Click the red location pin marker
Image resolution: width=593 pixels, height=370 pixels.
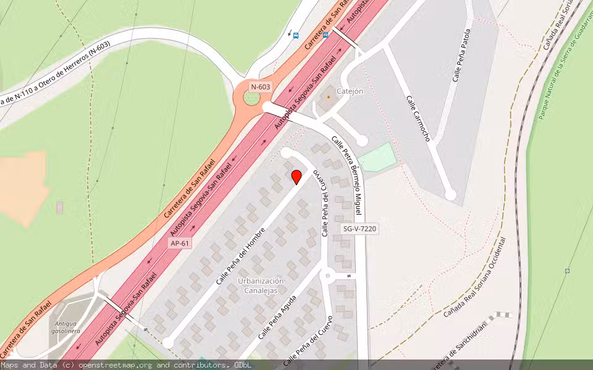point(296,176)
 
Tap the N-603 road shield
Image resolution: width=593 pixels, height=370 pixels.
point(260,87)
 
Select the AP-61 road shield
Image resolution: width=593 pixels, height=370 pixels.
point(180,244)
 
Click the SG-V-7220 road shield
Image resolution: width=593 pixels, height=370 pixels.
point(360,229)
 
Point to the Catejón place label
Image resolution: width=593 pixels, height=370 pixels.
point(350,91)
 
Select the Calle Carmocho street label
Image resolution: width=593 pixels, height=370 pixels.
point(418,118)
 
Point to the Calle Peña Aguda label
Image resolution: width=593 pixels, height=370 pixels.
point(277,318)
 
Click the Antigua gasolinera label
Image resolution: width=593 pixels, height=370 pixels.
point(67,327)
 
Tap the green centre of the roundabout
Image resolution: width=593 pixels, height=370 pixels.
point(252,97)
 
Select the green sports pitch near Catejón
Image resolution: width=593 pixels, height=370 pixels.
point(377,157)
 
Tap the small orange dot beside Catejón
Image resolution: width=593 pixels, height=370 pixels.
point(328,96)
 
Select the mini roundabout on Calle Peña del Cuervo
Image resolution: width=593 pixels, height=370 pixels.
point(328,276)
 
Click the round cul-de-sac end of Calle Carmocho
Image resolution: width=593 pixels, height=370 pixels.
point(450,195)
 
